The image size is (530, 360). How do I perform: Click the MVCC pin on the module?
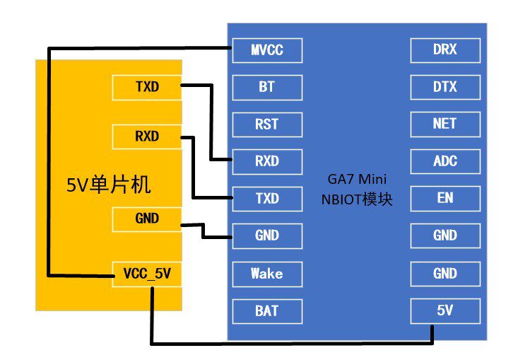pyautogui.click(x=267, y=50)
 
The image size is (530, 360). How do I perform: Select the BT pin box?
pyautogui.click(x=267, y=88)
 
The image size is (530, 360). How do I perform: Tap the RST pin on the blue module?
pyautogui.click(x=267, y=124)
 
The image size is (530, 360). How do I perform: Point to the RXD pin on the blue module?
pyautogui.click(x=267, y=161)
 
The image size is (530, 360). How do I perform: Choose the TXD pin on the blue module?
pyautogui.click(x=267, y=199)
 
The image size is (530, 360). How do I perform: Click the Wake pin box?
pyautogui.click(x=267, y=273)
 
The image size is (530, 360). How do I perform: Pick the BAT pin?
pyautogui.click(x=267, y=310)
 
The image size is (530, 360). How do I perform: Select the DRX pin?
pyautogui.click(x=444, y=50)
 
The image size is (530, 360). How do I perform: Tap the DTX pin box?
pyautogui.click(x=444, y=88)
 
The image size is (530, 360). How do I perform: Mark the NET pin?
pyautogui.click(x=444, y=124)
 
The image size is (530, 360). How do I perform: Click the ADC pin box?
pyautogui.click(x=444, y=161)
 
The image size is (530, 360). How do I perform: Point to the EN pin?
pyautogui.click(x=444, y=199)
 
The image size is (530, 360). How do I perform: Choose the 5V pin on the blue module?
pyautogui.click(x=444, y=310)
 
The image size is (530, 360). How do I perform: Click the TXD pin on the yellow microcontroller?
pyautogui.click(x=147, y=88)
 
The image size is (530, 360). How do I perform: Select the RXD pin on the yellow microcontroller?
pyautogui.click(x=147, y=137)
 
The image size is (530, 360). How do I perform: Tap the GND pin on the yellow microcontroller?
pyautogui.click(x=147, y=219)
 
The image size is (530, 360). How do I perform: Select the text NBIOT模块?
pyautogui.click(x=356, y=200)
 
